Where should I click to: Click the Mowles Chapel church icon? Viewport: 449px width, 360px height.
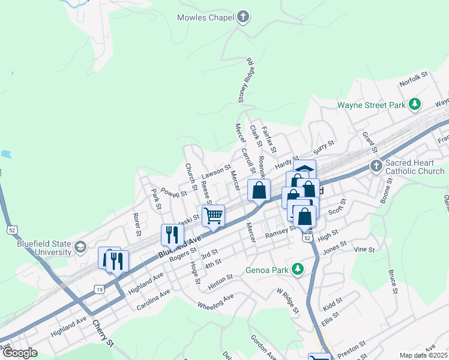(x=243, y=17)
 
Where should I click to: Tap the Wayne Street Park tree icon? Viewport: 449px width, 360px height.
(x=414, y=105)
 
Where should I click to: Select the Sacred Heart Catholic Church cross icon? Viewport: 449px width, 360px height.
(x=376, y=166)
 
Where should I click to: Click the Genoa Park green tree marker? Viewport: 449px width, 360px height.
(x=297, y=269)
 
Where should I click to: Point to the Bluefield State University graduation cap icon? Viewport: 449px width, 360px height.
(x=79, y=247)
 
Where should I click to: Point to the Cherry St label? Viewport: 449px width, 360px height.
(x=103, y=334)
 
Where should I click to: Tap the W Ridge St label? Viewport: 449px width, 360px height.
(x=288, y=301)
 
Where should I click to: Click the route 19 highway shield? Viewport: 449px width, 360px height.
(x=98, y=289)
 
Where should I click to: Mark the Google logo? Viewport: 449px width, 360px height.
(x=20, y=353)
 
